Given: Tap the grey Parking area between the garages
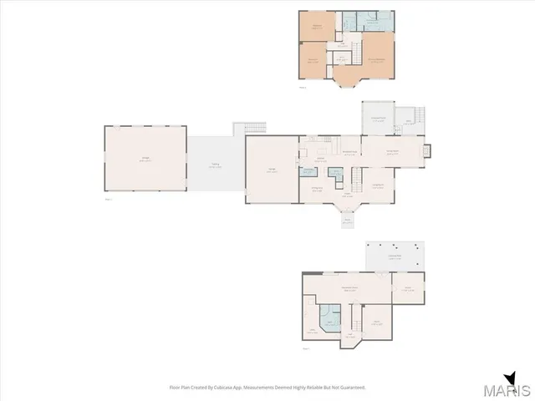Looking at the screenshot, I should [215, 165].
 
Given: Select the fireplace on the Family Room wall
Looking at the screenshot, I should [428, 151].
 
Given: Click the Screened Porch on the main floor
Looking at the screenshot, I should [377, 119].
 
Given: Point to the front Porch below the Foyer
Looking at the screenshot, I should [349, 221].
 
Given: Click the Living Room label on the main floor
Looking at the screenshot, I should [377, 185].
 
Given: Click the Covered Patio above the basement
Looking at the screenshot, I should [395, 256].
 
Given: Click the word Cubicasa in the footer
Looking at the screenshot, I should [222, 387].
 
